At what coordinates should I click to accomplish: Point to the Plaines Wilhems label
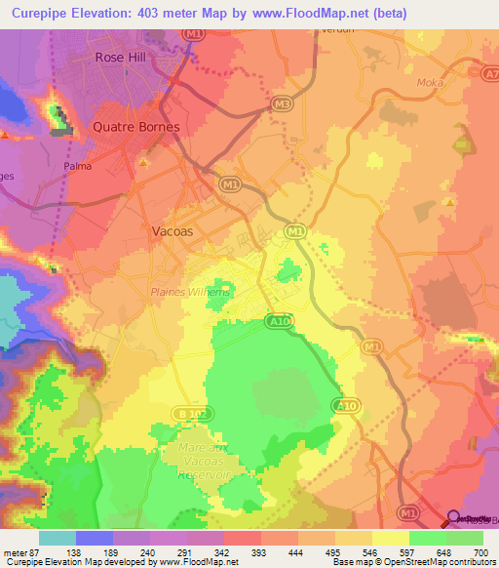190,292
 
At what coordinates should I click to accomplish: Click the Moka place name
428,84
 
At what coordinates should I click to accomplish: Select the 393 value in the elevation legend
259,552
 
